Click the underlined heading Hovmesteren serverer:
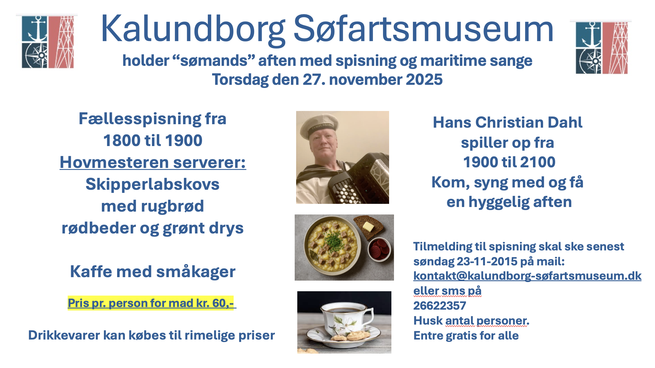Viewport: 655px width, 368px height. (x=153, y=162)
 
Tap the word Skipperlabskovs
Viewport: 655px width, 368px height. (x=153, y=184)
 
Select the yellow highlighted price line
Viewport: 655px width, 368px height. (x=151, y=303)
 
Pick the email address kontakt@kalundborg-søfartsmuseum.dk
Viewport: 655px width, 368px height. (x=528, y=276)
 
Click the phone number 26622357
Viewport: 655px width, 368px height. (x=439, y=306)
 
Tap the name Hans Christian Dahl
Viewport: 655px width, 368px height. (x=508, y=122)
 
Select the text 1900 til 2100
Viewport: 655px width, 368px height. (x=509, y=162)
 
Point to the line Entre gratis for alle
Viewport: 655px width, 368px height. (x=466, y=336)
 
